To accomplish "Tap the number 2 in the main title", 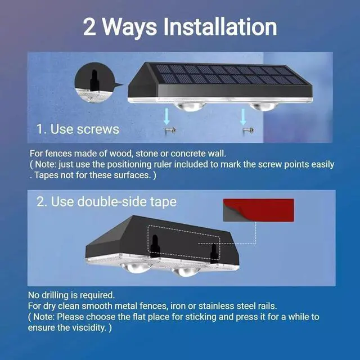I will (x=90, y=26).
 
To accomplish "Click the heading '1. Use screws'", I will (x=78, y=129).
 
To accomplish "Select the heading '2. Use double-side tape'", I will (x=106, y=202).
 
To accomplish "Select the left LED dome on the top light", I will (x=190, y=105).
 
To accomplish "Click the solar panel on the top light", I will (x=231, y=75).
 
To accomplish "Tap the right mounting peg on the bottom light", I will (x=214, y=253).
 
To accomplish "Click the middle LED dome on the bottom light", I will (x=186, y=271).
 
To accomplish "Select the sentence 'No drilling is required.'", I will (x=71, y=295).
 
